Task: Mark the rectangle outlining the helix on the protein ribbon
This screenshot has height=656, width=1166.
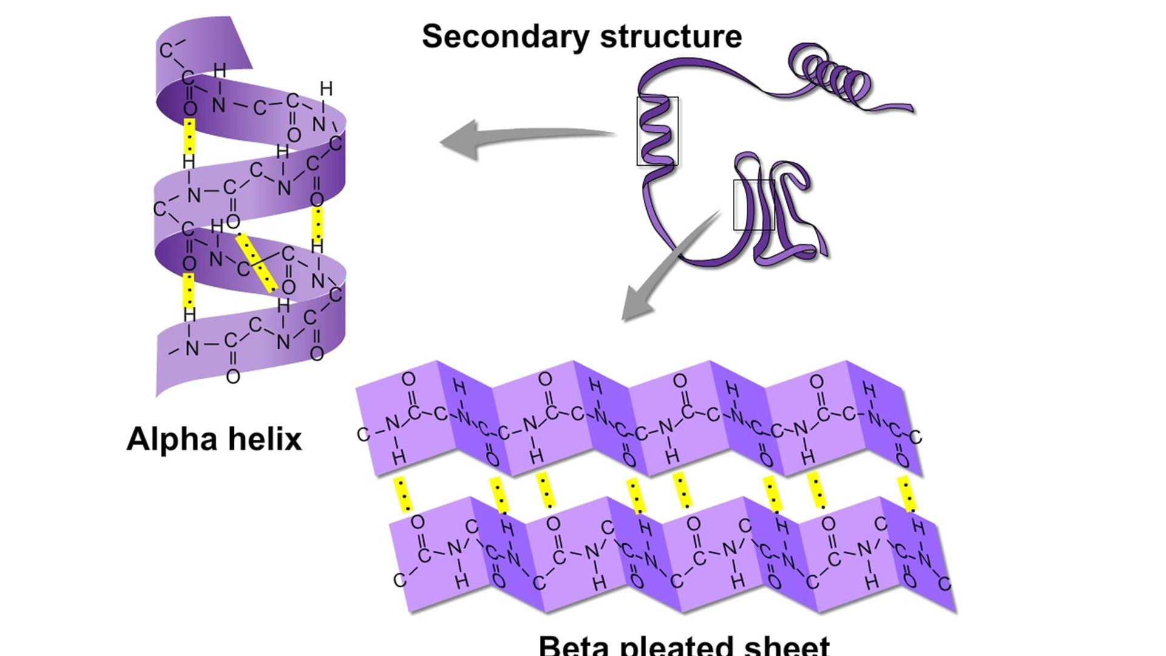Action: [x=657, y=131]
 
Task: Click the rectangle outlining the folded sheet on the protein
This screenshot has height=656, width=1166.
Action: [x=754, y=205]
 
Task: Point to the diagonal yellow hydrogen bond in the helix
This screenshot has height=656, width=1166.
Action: [x=256, y=263]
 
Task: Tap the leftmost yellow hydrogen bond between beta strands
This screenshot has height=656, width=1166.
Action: [x=402, y=494]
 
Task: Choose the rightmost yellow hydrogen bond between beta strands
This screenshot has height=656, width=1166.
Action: [x=907, y=494]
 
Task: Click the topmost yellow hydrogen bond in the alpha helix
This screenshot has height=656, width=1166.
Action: [x=190, y=136]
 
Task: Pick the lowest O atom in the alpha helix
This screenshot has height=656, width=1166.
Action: [x=233, y=377]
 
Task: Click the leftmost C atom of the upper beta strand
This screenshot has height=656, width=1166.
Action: [x=363, y=434]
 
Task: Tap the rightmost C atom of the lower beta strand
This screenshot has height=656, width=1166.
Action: [x=944, y=584]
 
